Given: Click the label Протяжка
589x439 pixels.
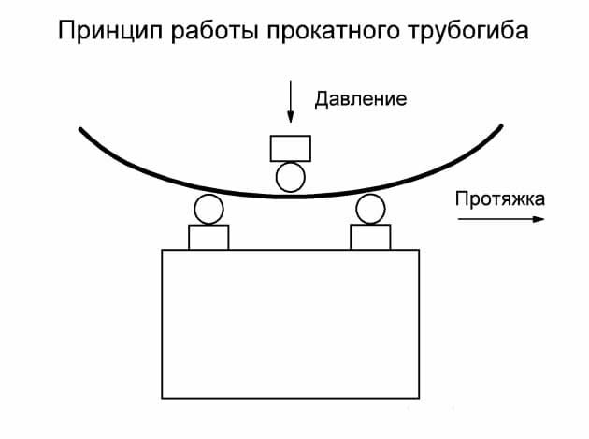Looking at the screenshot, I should (499, 198).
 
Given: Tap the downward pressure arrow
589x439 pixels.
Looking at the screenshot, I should (290, 102).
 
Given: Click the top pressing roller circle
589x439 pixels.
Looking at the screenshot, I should (290, 176).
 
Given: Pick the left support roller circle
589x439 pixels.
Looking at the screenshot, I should (208, 209).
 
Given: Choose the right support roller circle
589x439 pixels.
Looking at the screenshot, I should (370, 209).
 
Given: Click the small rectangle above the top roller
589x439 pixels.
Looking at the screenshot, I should (290, 148).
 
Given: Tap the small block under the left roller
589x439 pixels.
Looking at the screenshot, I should (208, 237).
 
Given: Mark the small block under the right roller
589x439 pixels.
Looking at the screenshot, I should (370, 237).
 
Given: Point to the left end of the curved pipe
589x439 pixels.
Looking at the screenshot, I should (81, 128).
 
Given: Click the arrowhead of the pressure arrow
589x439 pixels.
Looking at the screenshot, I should (290, 118).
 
